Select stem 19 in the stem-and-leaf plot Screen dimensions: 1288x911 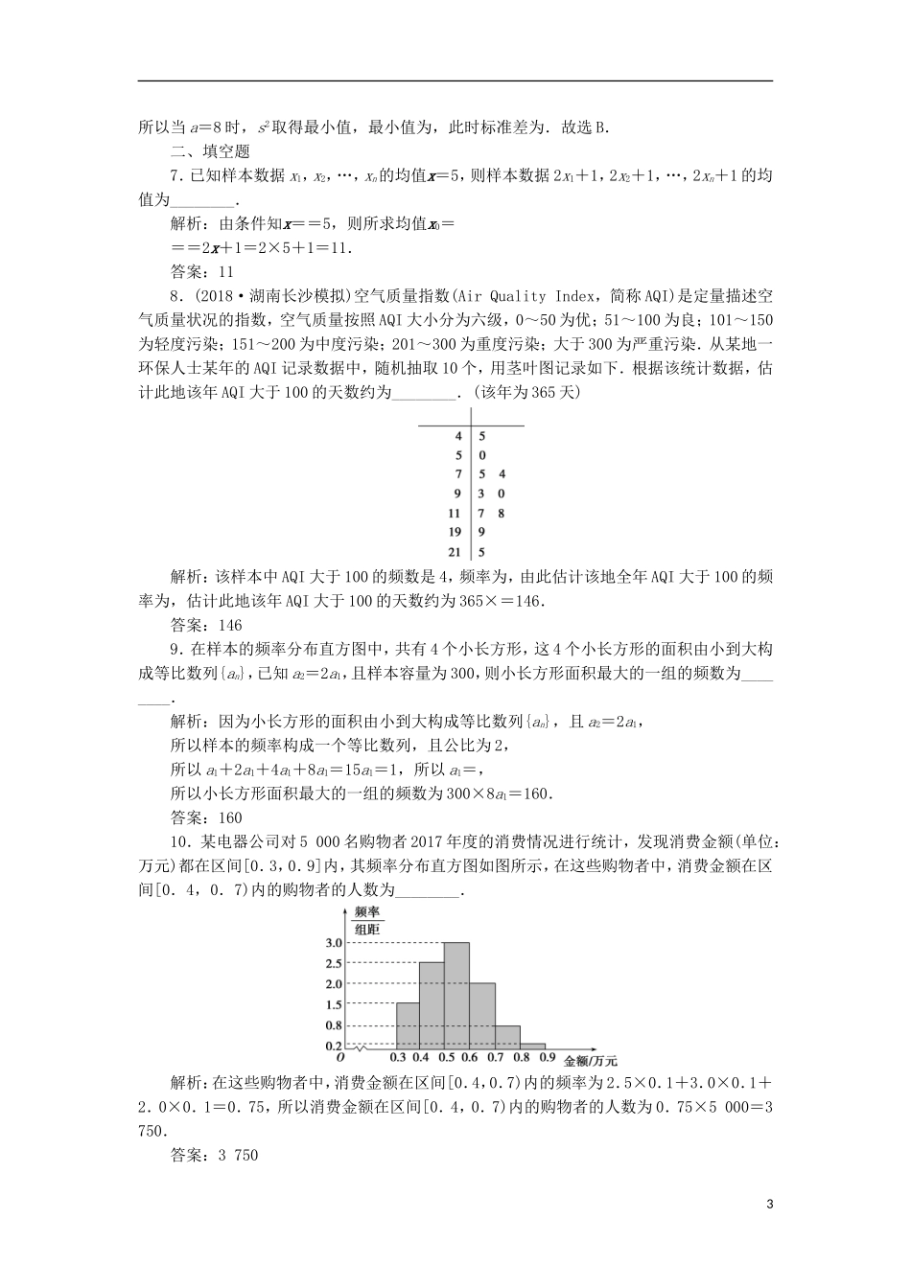tap(455, 532)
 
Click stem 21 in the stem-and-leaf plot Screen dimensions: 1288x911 tap(455, 551)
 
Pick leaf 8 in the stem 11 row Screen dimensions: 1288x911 tap(502, 513)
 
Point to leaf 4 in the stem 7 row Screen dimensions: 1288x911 tap(502, 474)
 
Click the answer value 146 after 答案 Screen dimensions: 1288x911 tap(231, 625)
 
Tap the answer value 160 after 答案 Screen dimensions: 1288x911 tap(231, 817)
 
